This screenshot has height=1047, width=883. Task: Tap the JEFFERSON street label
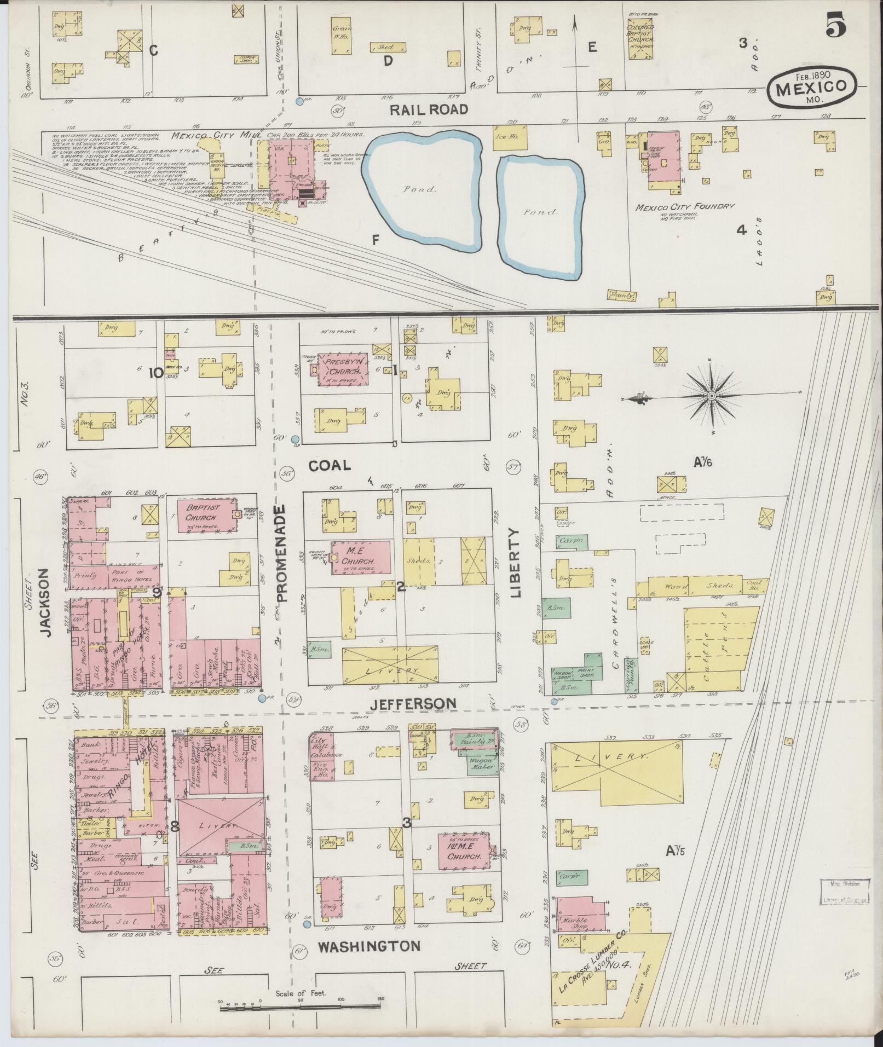click(x=412, y=703)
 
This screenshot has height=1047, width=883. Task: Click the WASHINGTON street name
click(x=370, y=946)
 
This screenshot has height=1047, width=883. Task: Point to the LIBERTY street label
click(x=516, y=562)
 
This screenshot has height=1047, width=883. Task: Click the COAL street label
click(x=329, y=465)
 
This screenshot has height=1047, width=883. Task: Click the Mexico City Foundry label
click(x=684, y=207)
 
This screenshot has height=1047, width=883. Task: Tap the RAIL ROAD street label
click(x=429, y=109)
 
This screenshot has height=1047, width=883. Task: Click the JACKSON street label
click(x=46, y=602)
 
